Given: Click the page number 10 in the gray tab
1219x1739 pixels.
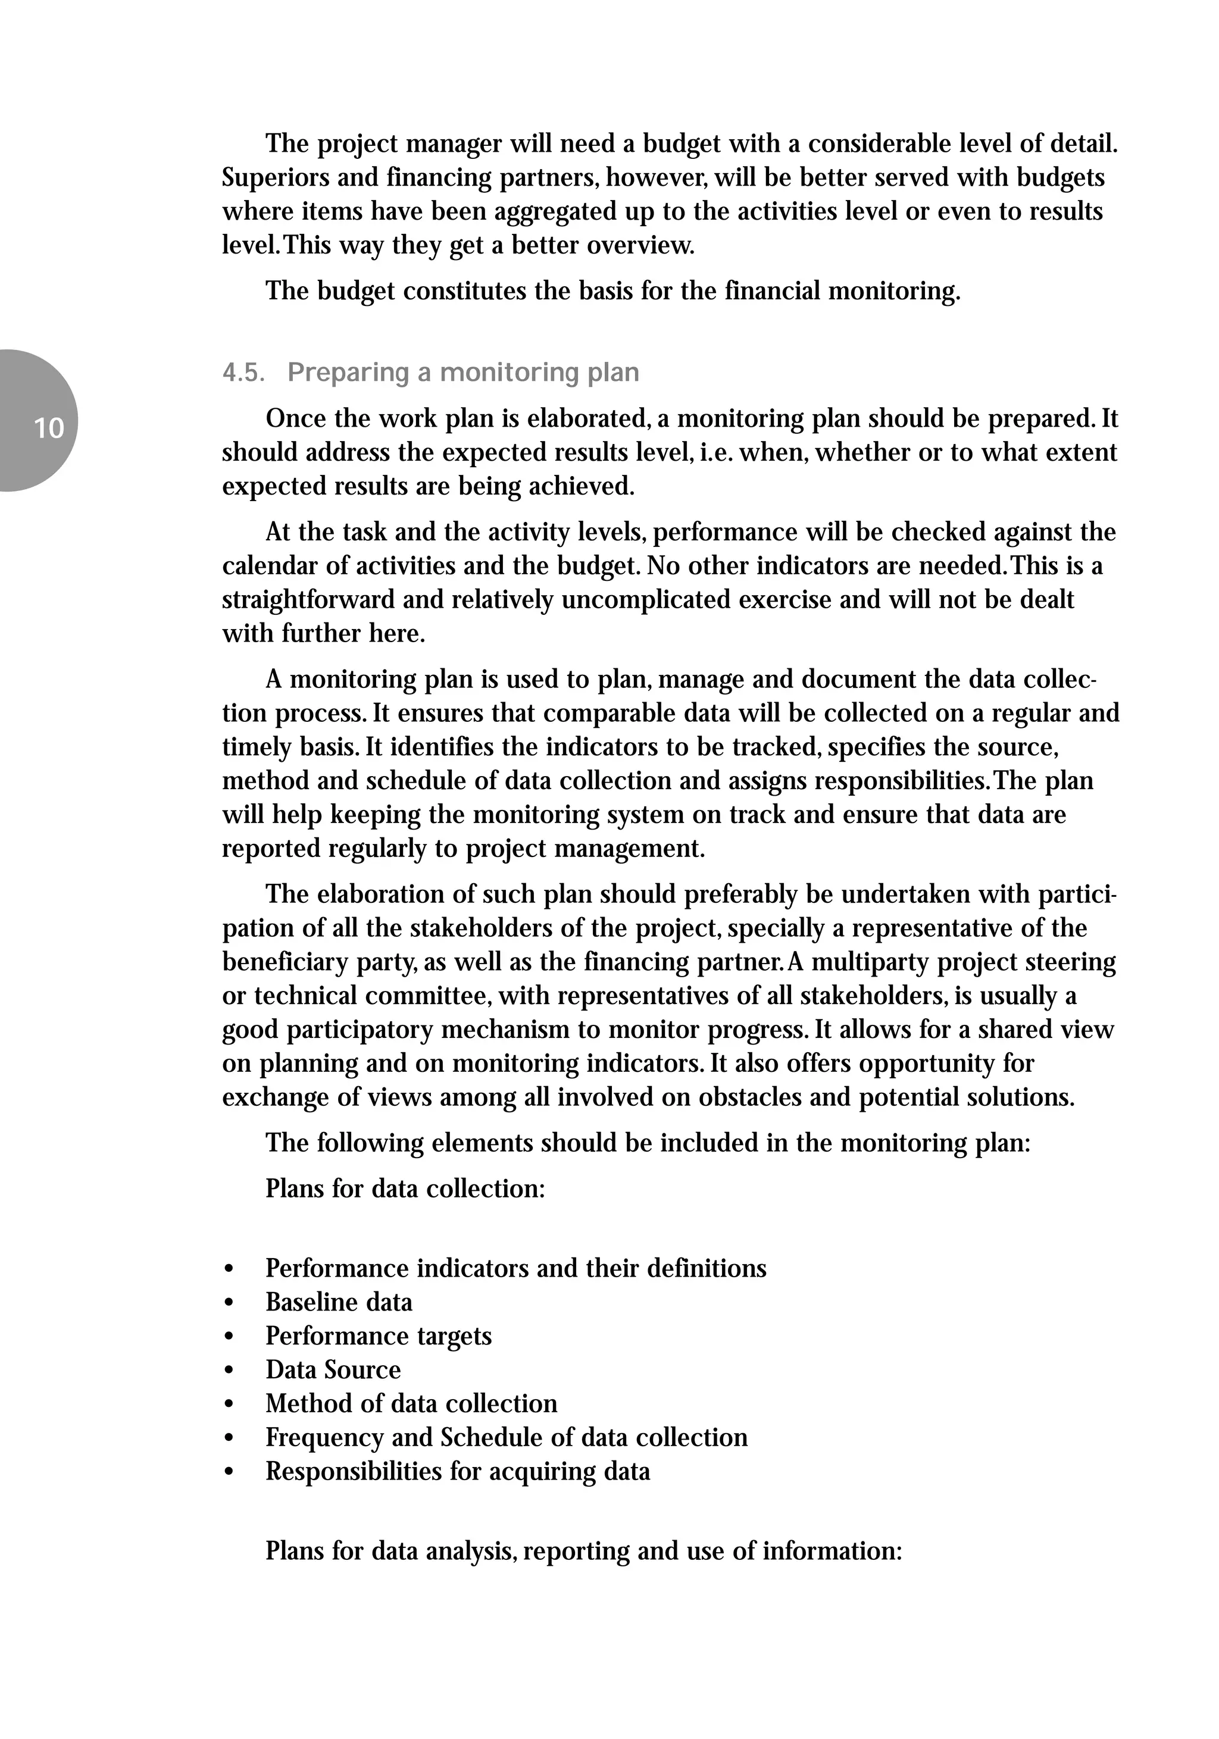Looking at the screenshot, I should pos(48,429).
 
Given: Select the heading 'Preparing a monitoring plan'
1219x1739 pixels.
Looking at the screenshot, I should pos(463,373).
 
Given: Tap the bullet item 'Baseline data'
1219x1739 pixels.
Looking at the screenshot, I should pos(339,1302).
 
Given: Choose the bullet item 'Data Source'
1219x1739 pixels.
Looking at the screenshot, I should pos(333,1369).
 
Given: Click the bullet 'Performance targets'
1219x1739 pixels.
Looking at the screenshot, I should pos(378,1336).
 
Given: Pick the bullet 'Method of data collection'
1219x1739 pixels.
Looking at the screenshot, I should pos(411,1403).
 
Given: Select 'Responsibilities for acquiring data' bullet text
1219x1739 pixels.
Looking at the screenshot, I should pos(458,1471).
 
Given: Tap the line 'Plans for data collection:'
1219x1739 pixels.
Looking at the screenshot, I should pos(405,1188).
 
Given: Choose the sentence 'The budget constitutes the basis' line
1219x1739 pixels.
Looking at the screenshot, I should pos(612,291).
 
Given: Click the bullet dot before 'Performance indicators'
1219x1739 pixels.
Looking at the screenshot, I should pos(229,1269).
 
